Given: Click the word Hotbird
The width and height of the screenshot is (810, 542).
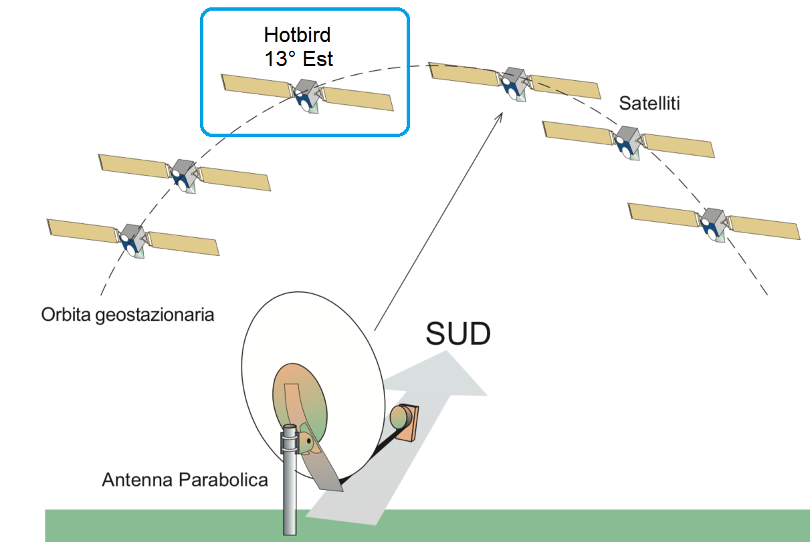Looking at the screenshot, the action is click(298, 35).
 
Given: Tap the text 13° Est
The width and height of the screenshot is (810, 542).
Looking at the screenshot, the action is click(298, 58).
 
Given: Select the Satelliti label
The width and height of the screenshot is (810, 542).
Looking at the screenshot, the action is click(650, 104).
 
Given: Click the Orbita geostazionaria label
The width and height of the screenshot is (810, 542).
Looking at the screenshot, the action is click(128, 314).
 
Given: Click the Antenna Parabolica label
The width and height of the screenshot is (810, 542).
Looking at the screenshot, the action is click(185, 479).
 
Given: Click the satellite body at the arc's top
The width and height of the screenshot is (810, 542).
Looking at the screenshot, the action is click(514, 82).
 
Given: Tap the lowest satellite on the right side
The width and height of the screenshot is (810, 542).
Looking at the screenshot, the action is click(713, 223).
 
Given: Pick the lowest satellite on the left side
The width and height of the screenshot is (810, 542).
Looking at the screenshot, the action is click(132, 238).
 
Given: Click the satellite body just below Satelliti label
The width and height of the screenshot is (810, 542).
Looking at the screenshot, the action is click(627, 140).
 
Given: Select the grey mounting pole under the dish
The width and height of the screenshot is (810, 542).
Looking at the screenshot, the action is click(290, 495).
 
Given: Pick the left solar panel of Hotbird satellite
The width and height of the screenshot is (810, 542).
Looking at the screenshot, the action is click(258, 86).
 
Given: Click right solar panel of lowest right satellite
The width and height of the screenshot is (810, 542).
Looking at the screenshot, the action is click(765, 228).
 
